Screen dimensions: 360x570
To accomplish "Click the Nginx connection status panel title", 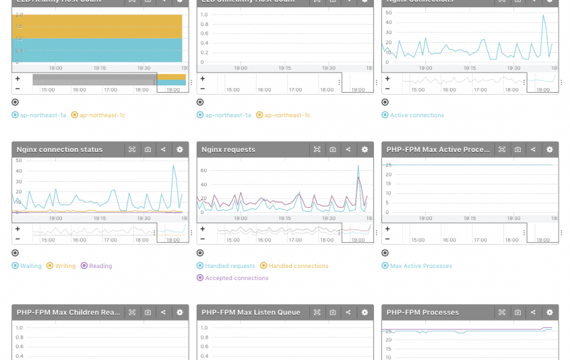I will [x=60, y=149].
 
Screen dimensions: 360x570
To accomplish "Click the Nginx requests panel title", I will [x=229, y=149].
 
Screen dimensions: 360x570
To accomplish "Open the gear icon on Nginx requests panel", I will [x=365, y=149].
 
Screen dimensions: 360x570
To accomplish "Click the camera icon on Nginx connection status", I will [x=148, y=149].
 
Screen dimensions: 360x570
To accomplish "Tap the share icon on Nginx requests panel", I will [x=348, y=149].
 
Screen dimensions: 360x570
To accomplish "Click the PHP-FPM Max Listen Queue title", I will [x=251, y=312].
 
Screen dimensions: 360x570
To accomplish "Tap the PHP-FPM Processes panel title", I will [x=423, y=312].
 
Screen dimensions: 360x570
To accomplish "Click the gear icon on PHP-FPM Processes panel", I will [x=549, y=312].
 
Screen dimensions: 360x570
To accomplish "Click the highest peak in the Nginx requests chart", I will [x=358, y=166].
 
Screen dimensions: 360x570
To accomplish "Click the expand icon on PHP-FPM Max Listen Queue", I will [x=317, y=312].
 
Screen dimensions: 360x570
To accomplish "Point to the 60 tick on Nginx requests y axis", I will [x=204, y=171].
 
